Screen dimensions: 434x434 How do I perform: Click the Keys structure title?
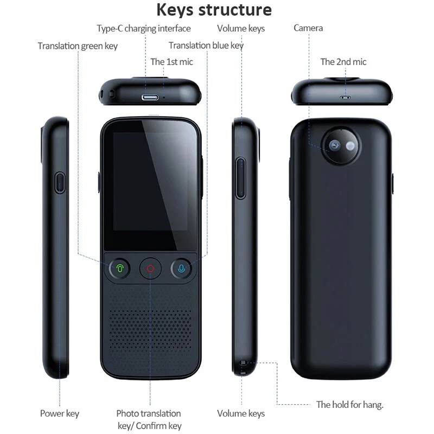214,10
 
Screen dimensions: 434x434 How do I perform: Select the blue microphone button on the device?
181,268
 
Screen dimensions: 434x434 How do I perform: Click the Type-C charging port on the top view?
150,98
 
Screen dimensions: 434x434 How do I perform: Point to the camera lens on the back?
335,145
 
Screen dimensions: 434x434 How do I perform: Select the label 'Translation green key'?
78,46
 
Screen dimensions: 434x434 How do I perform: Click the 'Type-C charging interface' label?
144,28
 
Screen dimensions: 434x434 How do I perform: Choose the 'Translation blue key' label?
206,46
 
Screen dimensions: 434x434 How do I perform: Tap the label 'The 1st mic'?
171,62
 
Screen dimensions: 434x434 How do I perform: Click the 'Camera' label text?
308,28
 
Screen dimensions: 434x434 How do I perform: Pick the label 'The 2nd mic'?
343,62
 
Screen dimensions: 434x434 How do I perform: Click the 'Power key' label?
60,413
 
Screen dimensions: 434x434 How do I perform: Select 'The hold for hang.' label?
350,405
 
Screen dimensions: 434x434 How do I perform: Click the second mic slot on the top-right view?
345,98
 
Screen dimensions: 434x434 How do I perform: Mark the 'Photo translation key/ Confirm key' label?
150,419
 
